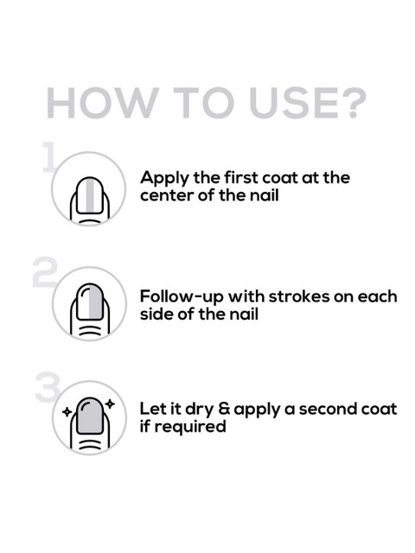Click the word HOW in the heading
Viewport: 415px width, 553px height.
click(103, 103)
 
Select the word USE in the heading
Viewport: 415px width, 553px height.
click(294, 103)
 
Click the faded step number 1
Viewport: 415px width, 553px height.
click(48, 157)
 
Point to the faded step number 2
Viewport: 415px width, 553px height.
click(45, 272)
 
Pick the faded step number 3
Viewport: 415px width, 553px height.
click(48, 387)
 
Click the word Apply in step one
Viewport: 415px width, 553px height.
click(165, 179)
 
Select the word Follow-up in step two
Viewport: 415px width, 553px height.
click(182, 297)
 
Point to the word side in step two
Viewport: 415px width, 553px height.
click(156, 314)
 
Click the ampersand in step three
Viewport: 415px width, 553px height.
click(224, 409)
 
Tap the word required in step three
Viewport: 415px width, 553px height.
click(190, 427)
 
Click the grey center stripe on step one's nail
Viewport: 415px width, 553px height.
click(90, 195)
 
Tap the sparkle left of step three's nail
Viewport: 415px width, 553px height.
click(67, 411)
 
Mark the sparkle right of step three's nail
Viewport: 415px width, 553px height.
click(111, 404)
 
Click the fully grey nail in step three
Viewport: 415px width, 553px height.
click(90, 416)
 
